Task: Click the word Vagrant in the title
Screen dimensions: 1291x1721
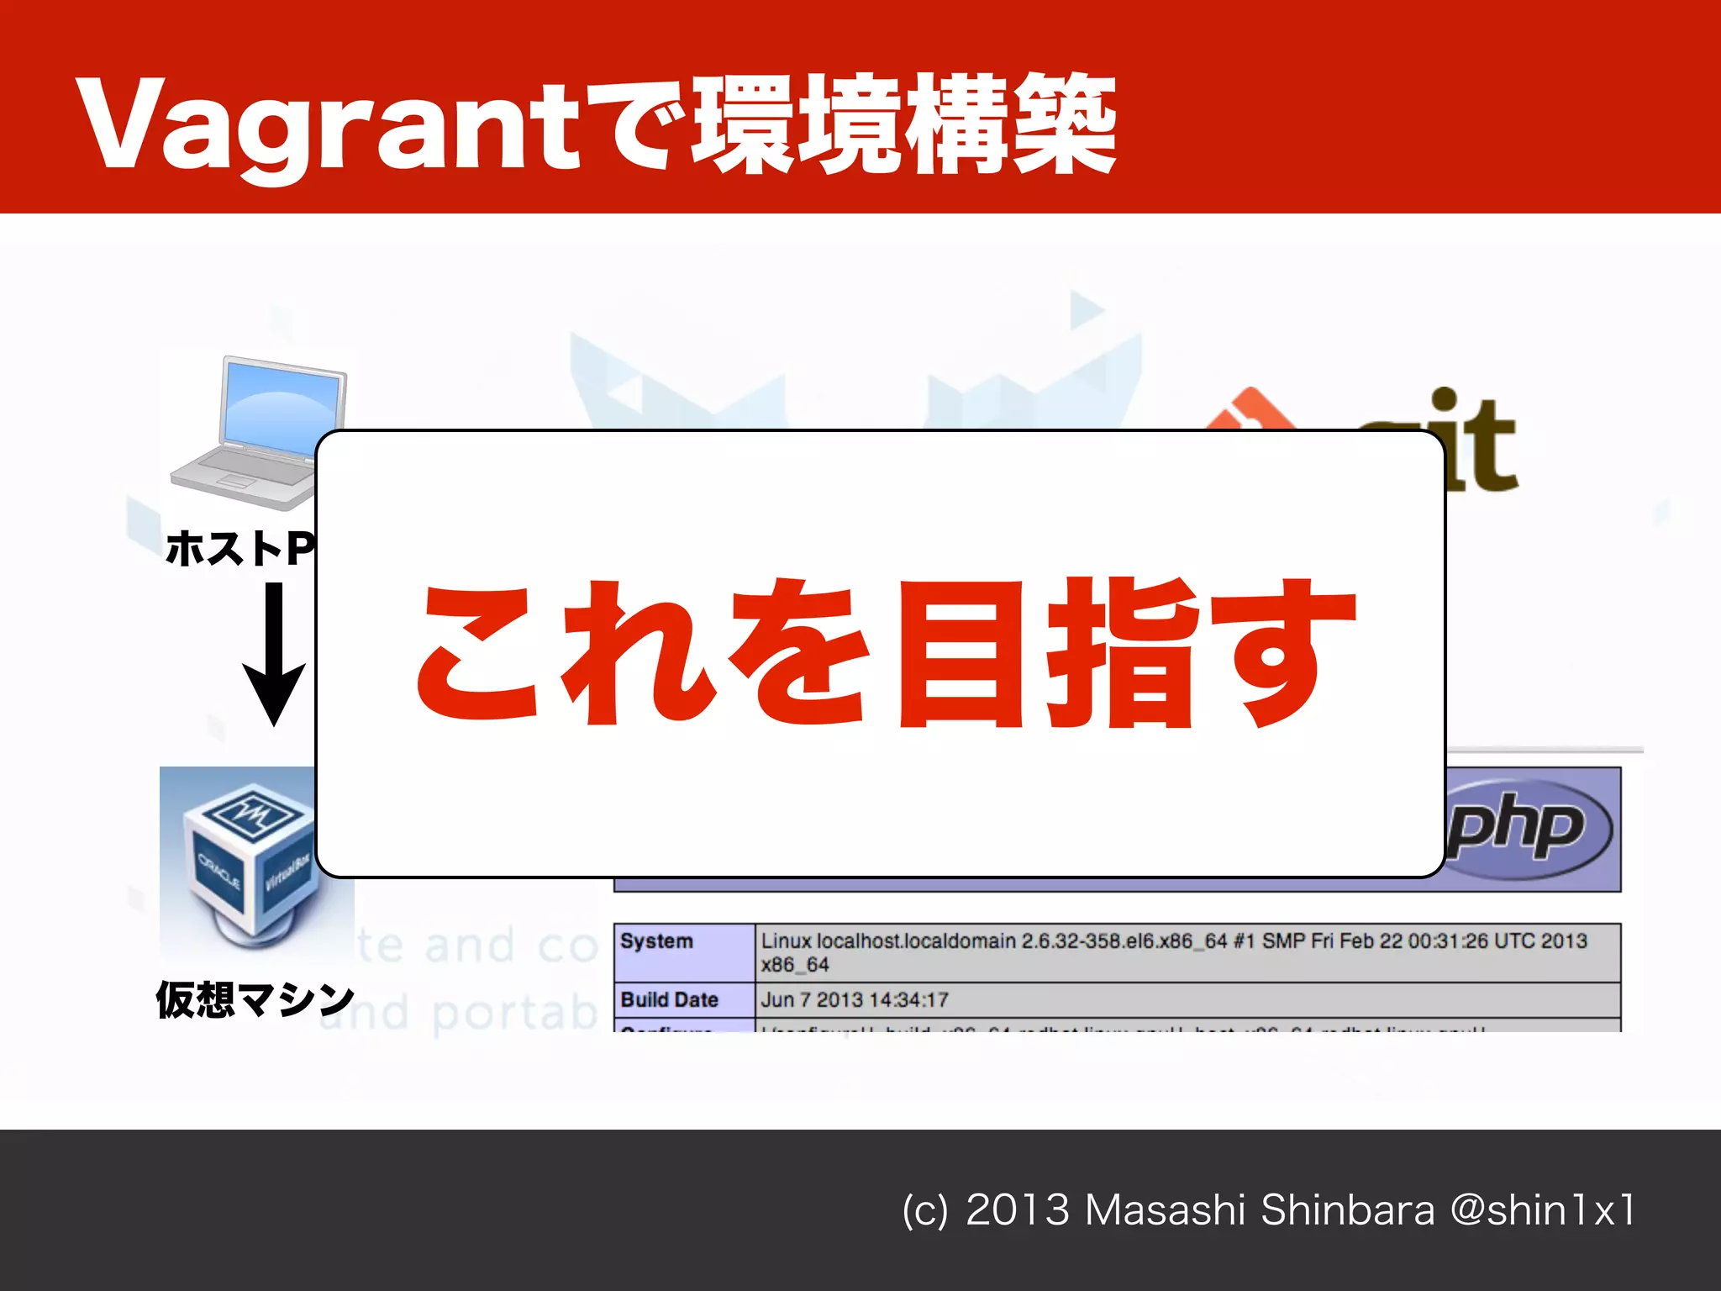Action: (328, 126)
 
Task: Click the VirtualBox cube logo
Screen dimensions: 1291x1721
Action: (249, 862)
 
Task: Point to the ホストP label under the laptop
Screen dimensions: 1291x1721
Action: (240, 549)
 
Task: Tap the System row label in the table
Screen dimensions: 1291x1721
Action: (657, 941)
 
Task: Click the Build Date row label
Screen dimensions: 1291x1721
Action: (670, 1000)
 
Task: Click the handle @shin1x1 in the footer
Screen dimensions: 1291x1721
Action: (1543, 1210)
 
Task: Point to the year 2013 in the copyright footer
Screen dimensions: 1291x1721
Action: (1018, 1210)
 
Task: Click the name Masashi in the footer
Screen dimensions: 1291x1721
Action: (1164, 1210)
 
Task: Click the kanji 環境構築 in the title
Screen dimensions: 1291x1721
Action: (903, 126)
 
